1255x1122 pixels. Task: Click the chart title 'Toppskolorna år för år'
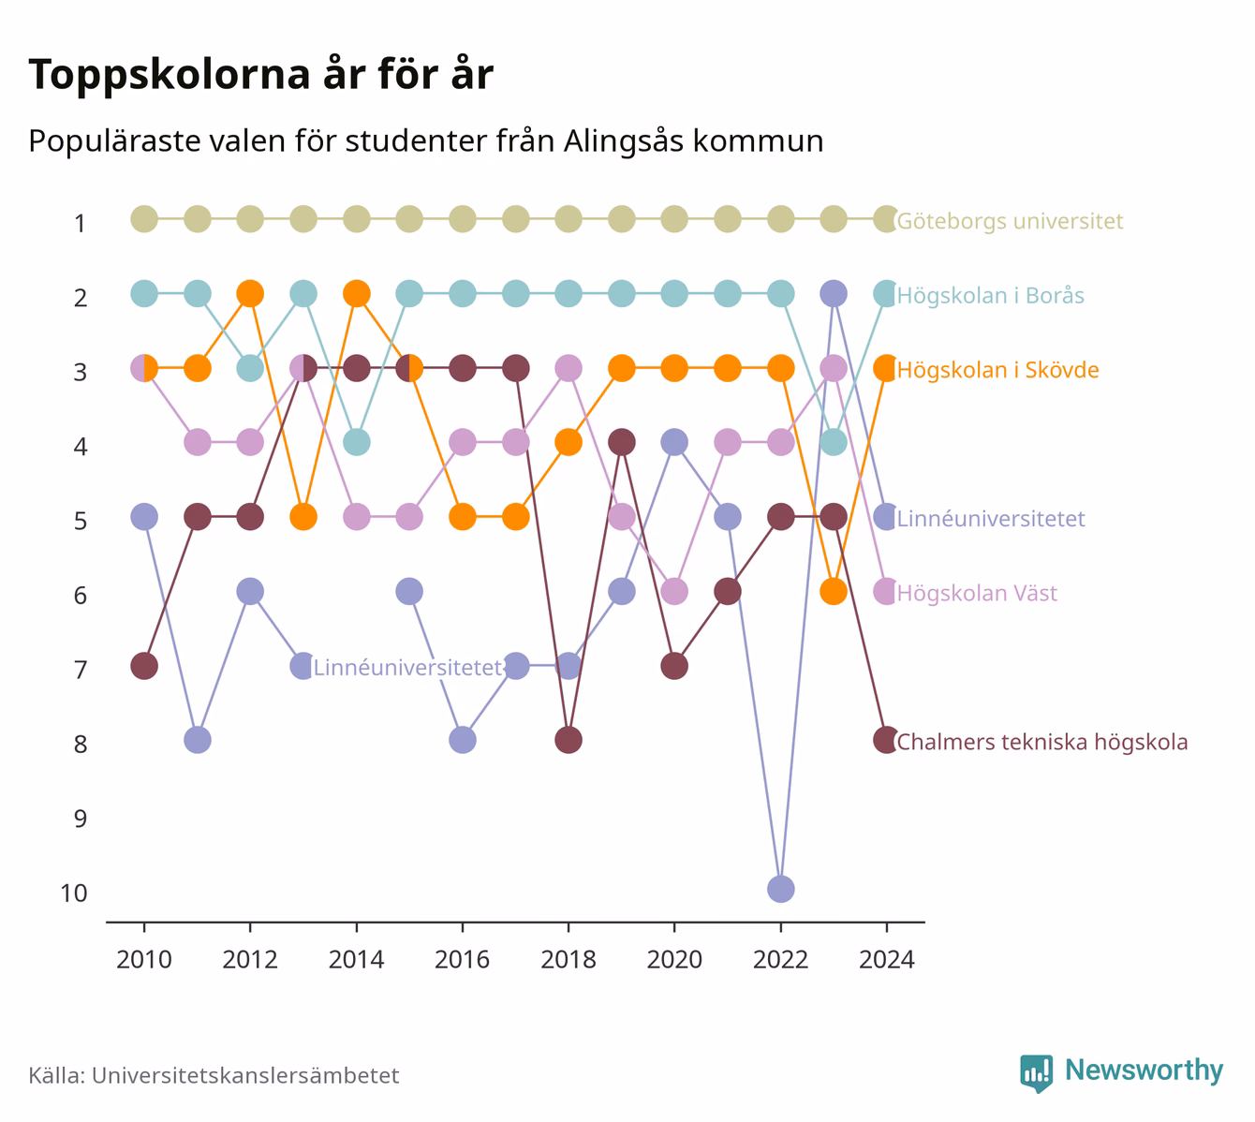point(260,74)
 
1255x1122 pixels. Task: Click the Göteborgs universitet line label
point(1010,221)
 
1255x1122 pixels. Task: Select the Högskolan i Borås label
point(991,296)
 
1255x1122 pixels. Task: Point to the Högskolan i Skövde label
point(998,370)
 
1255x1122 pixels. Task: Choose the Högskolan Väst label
point(977,594)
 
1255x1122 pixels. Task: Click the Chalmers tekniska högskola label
point(1041,742)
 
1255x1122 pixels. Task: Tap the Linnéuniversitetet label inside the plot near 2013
point(407,668)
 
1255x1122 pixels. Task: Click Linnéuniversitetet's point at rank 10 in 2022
point(780,889)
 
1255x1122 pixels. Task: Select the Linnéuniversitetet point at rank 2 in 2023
point(834,294)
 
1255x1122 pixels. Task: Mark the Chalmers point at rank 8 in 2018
point(568,741)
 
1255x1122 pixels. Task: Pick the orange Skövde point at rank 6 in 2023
point(834,592)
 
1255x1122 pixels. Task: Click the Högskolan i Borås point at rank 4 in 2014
point(356,442)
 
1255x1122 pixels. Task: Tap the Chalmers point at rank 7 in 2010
point(144,666)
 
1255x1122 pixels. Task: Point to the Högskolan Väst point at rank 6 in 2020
point(674,592)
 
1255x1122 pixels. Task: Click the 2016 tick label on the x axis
point(462,960)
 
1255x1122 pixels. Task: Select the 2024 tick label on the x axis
point(886,960)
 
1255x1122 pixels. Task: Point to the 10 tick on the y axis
point(74,893)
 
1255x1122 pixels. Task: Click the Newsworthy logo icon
point(1037,1073)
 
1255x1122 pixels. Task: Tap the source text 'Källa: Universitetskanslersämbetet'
point(214,1075)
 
